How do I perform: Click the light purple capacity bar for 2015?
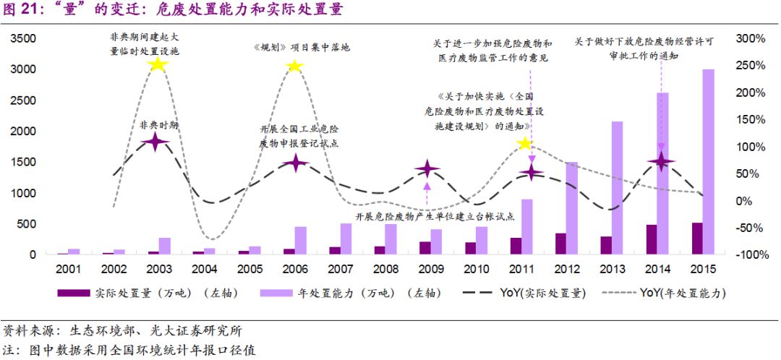(709, 162)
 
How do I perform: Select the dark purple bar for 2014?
(652, 240)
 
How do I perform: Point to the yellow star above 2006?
(294, 67)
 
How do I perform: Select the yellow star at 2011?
(525, 144)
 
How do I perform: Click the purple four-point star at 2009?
(427, 170)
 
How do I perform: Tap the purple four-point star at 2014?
(661, 163)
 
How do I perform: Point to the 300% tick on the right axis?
(751, 38)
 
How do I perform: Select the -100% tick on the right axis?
(749, 255)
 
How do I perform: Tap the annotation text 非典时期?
(158, 124)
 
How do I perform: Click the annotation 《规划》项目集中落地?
(302, 47)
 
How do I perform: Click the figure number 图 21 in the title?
(22, 10)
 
